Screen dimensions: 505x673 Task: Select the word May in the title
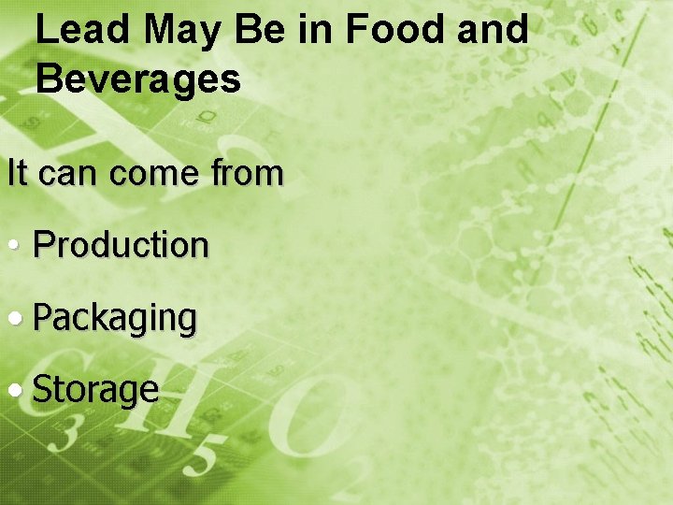pyautogui.click(x=183, y=30)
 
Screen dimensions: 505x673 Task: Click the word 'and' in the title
pyautogui.click(x=493, y=30)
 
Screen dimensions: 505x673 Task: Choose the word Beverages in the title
pyautogui.click(x=138, y=80)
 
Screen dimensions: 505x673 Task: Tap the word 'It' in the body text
pyautogui.click(x=17, y=173)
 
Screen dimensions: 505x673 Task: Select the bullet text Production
pyautogui.click(x=121, y=245)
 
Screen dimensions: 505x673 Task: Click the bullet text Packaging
pyautogui.click(x=115, y=319)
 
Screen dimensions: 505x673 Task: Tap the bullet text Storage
pyautogui.click(x=95, y=390)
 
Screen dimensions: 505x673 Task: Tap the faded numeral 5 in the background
pyautogui.click(x=208, y=459)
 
